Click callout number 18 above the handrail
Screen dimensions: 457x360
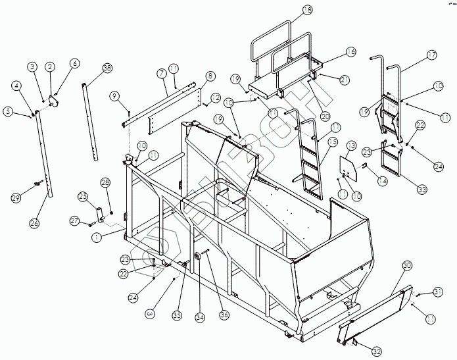pos(308,9)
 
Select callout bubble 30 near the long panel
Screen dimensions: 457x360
pos(407,265)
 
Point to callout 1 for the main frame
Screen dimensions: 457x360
pos(96,238)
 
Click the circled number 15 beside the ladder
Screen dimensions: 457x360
pos(333,141)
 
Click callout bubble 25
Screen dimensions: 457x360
pos(82,196)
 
